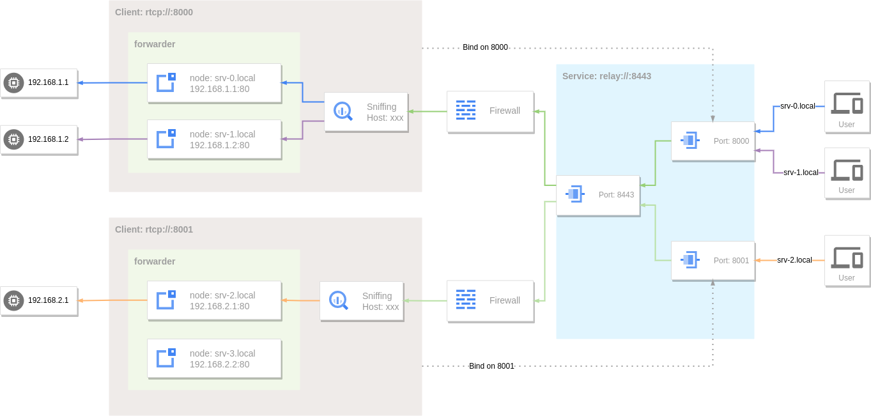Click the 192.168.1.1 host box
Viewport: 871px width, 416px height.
[x=39, y=82]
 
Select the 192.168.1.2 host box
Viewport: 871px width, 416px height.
[x=39, y=139]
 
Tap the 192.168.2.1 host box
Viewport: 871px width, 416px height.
[x=39, y=300]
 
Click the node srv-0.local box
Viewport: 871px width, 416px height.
[x=214, y=83]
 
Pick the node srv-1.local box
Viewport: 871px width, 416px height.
[x=214, y=139]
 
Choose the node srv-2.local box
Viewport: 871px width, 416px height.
[x=214, y=300]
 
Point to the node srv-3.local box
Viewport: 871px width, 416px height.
[x=214, y=358]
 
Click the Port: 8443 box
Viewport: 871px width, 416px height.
[x=598, y=195]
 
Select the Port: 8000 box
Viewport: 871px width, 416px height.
[x=713, y=141]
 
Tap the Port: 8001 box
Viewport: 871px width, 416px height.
[x=713, y=261]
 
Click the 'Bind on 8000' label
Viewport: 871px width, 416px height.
[x=485, y=47]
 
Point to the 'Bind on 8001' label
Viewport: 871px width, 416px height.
[x=491, y=366]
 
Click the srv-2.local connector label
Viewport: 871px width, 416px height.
[x=794, y=260]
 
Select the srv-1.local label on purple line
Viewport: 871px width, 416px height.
[x=801, y=173]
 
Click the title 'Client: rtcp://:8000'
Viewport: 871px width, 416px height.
[x=154, y=12]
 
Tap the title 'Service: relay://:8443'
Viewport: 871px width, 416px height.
[x=606, y=76]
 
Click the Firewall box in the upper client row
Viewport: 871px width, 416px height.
[x=490, y=111]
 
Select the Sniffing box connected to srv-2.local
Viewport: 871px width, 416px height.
[x=362, y=301]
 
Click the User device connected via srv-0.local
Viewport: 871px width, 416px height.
[x=847, y=107]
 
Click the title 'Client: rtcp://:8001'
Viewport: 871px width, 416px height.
[x=154, y=229]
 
